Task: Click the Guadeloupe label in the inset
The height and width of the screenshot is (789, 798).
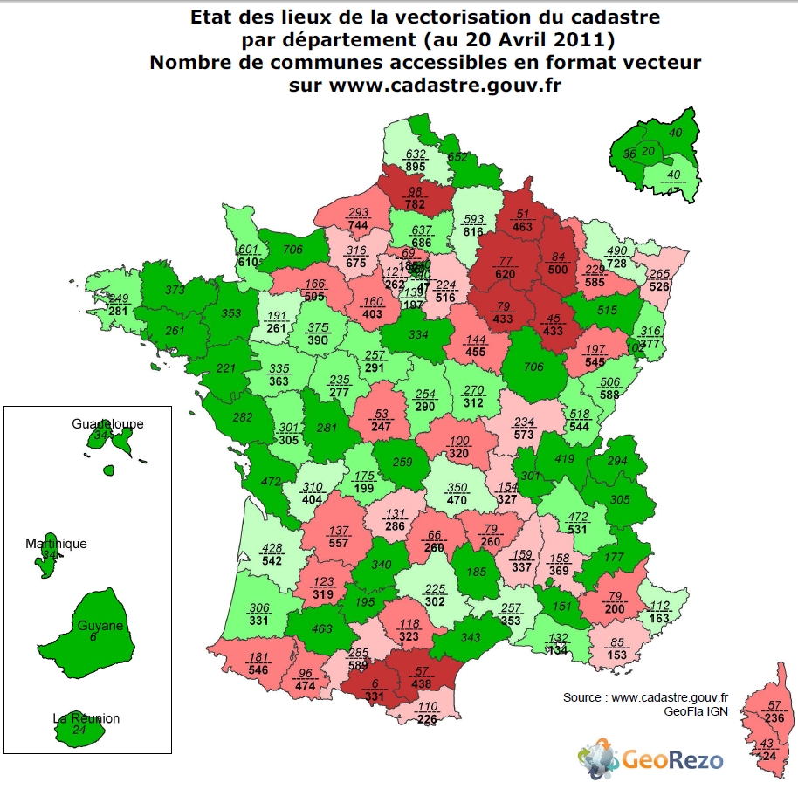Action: pos(107,424)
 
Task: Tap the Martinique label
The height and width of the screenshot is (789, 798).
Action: pos(56,544)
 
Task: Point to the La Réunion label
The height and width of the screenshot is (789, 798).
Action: pos(86,718)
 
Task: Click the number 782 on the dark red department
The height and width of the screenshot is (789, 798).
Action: pos(414,205)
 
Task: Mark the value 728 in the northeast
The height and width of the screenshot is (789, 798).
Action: pos(616,264)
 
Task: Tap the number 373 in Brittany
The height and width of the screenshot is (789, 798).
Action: pos(174,291)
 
